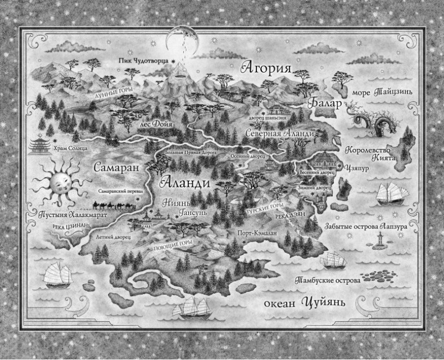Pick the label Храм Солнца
[x=69, y=148]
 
